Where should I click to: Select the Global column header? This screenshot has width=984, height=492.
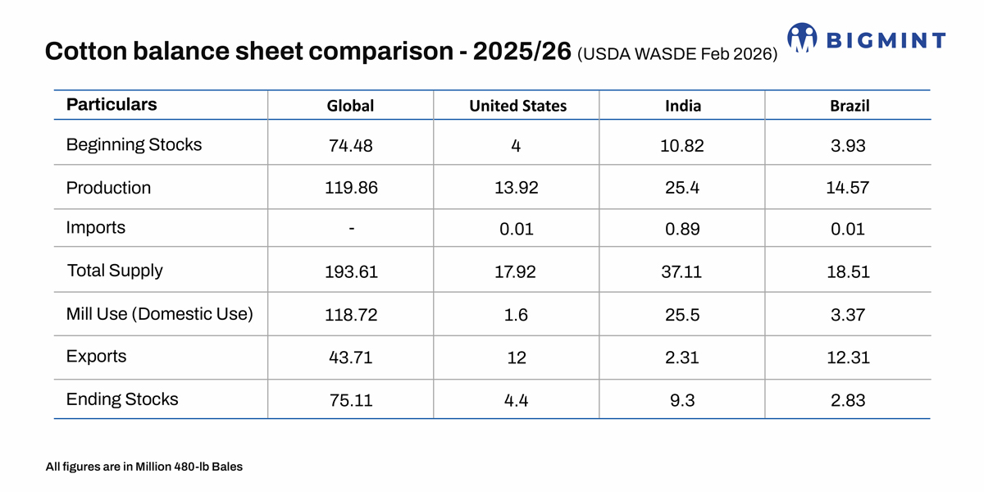pos(350,106)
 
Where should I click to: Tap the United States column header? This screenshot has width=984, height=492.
pos(517,106)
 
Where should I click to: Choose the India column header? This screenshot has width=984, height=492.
pos(682,106)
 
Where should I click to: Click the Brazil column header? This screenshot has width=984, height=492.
pos(849,106)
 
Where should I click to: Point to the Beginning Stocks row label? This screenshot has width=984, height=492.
pos(134,145)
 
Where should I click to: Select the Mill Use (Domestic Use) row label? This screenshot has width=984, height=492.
pos(160,314)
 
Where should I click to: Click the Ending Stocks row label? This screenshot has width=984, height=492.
pos(122,400)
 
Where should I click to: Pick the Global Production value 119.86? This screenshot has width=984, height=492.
pos(351,188)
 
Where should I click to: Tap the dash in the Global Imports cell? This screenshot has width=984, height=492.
pos(351,229)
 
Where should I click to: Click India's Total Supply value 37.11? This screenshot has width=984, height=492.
pos(682,271)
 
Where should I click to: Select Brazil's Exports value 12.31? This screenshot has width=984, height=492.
pos(849,358)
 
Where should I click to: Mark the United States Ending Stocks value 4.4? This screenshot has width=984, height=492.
pos(517,401)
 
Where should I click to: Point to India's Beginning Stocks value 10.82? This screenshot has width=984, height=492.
pos(682,146)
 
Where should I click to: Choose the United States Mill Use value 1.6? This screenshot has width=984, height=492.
pos(517,315)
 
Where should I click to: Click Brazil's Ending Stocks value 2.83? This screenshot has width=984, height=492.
pos(849,401)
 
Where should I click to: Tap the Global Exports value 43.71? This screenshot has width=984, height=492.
pos(351,358)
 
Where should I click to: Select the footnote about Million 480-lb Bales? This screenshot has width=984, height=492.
pos(144,467)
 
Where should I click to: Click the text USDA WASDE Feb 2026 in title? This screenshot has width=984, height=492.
pos(677,55)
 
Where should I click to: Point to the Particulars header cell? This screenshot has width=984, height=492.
pos(112,105)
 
